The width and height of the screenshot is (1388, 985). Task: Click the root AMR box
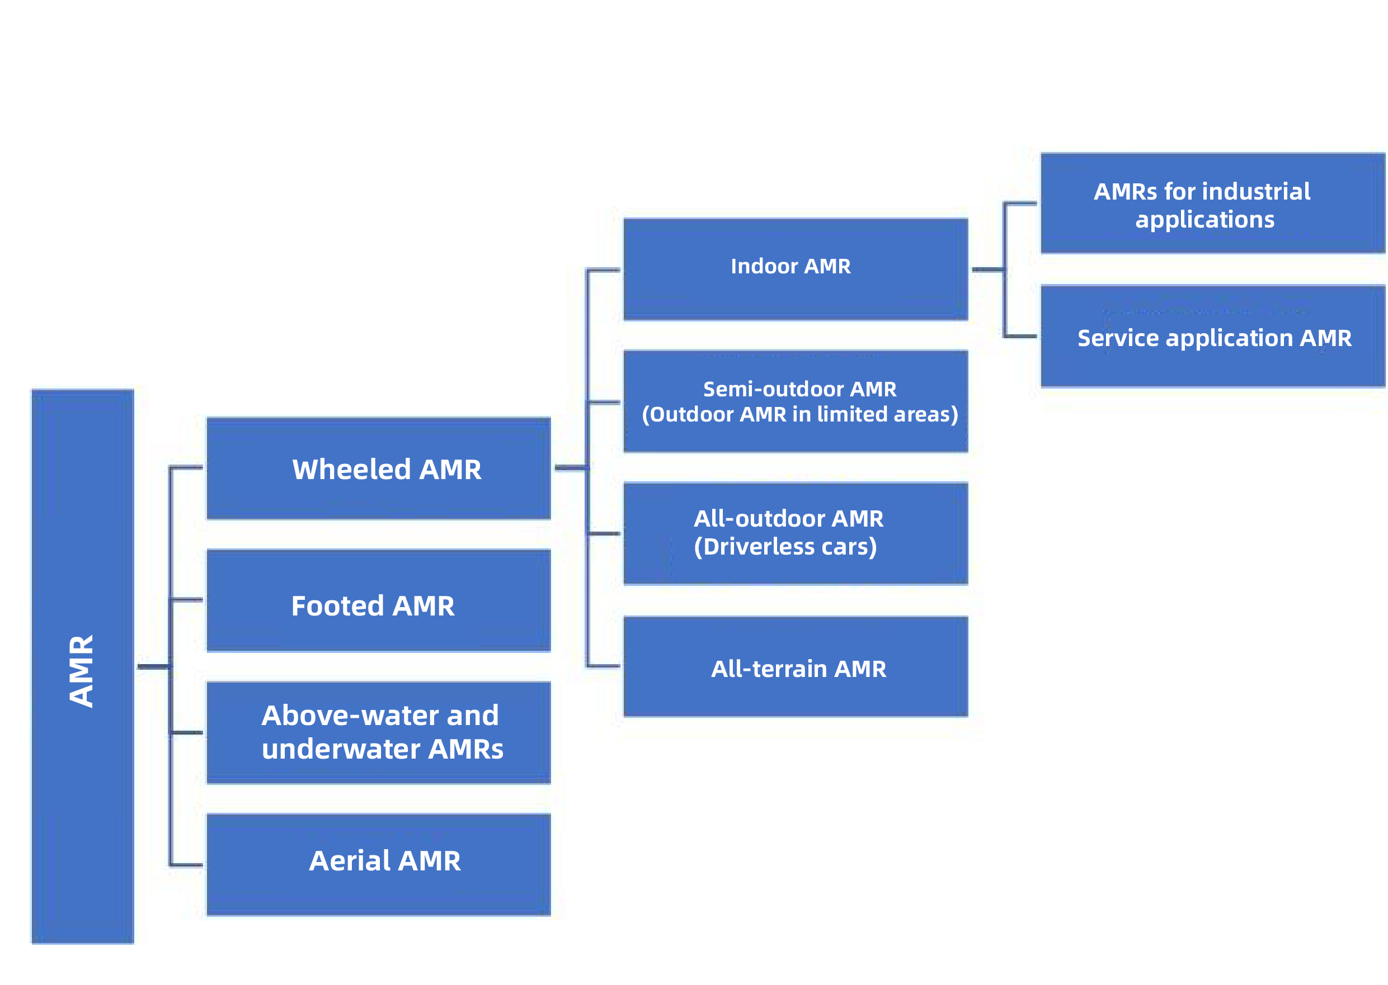(x=83, y=666)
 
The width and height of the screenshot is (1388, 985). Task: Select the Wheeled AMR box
(x=378, y=468)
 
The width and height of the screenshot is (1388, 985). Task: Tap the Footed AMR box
(x=378, y=600)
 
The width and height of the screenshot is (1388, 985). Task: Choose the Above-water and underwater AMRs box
(x=378, y=733)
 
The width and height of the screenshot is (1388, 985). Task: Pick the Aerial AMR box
(x=378, y=864)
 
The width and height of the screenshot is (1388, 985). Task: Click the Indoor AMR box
(x=795, y=269)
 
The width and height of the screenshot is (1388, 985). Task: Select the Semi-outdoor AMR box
(x=795, y=401)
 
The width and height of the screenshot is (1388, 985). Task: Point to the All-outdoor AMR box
(x=795, y=534)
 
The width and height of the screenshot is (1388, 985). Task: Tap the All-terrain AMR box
(x=795, y=666)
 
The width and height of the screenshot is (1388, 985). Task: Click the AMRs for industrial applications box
(x=1212, y=203)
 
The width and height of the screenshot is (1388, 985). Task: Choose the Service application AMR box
(x=1212, y=336)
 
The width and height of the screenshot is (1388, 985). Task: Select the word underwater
(x=341, y=749)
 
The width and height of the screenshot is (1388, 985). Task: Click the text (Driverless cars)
(x=785, y=547)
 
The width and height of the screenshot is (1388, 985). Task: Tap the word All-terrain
(x=769, y=669)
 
